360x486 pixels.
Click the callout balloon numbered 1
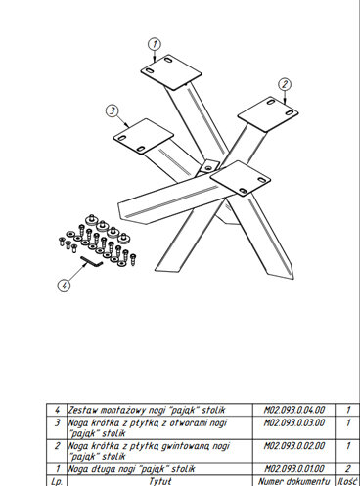click(155, 44)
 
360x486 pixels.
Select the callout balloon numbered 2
click(285, 84)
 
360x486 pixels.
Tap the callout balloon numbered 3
click(112, 110)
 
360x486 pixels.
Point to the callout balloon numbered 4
click(64, 286)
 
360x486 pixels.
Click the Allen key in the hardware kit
click(92, 262)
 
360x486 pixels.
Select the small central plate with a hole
click(208, 166)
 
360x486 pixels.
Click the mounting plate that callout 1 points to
click(171, 72)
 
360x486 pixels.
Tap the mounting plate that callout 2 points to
click(268, 113)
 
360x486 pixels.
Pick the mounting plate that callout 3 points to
click(143, 136)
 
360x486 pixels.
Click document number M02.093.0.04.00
click(294, 410)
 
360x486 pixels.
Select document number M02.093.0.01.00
click(294, 469)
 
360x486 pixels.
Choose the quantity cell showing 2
click(348, 469)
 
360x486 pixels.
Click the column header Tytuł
click(160, 481)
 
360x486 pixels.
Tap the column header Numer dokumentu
click(294, 481)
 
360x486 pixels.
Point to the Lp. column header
click(57, 481)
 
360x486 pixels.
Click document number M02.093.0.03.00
click(294, 422)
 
